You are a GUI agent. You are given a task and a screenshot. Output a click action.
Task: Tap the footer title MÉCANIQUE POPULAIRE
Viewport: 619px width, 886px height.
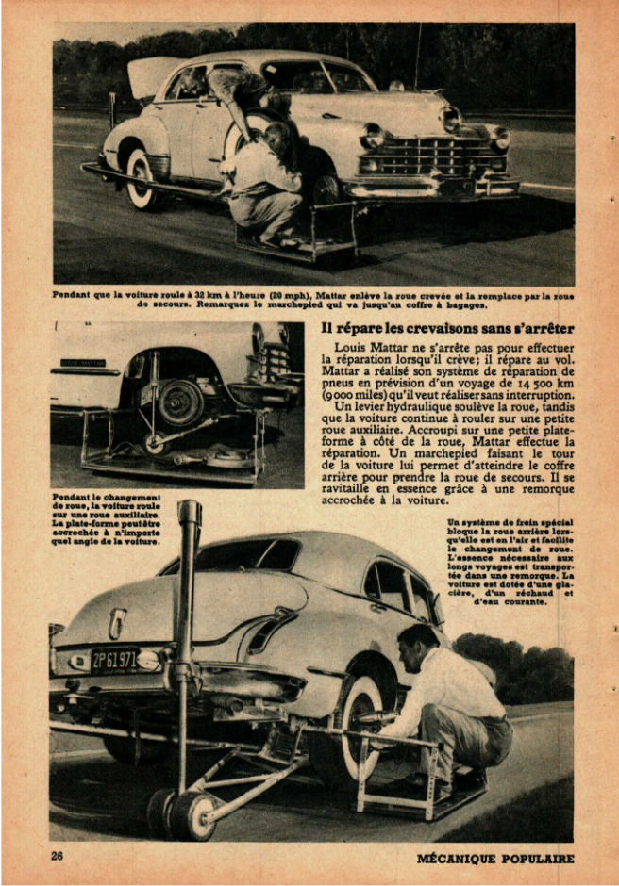tap(495, 859)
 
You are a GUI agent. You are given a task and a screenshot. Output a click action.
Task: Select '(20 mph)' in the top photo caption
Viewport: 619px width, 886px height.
tap(295, 294)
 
